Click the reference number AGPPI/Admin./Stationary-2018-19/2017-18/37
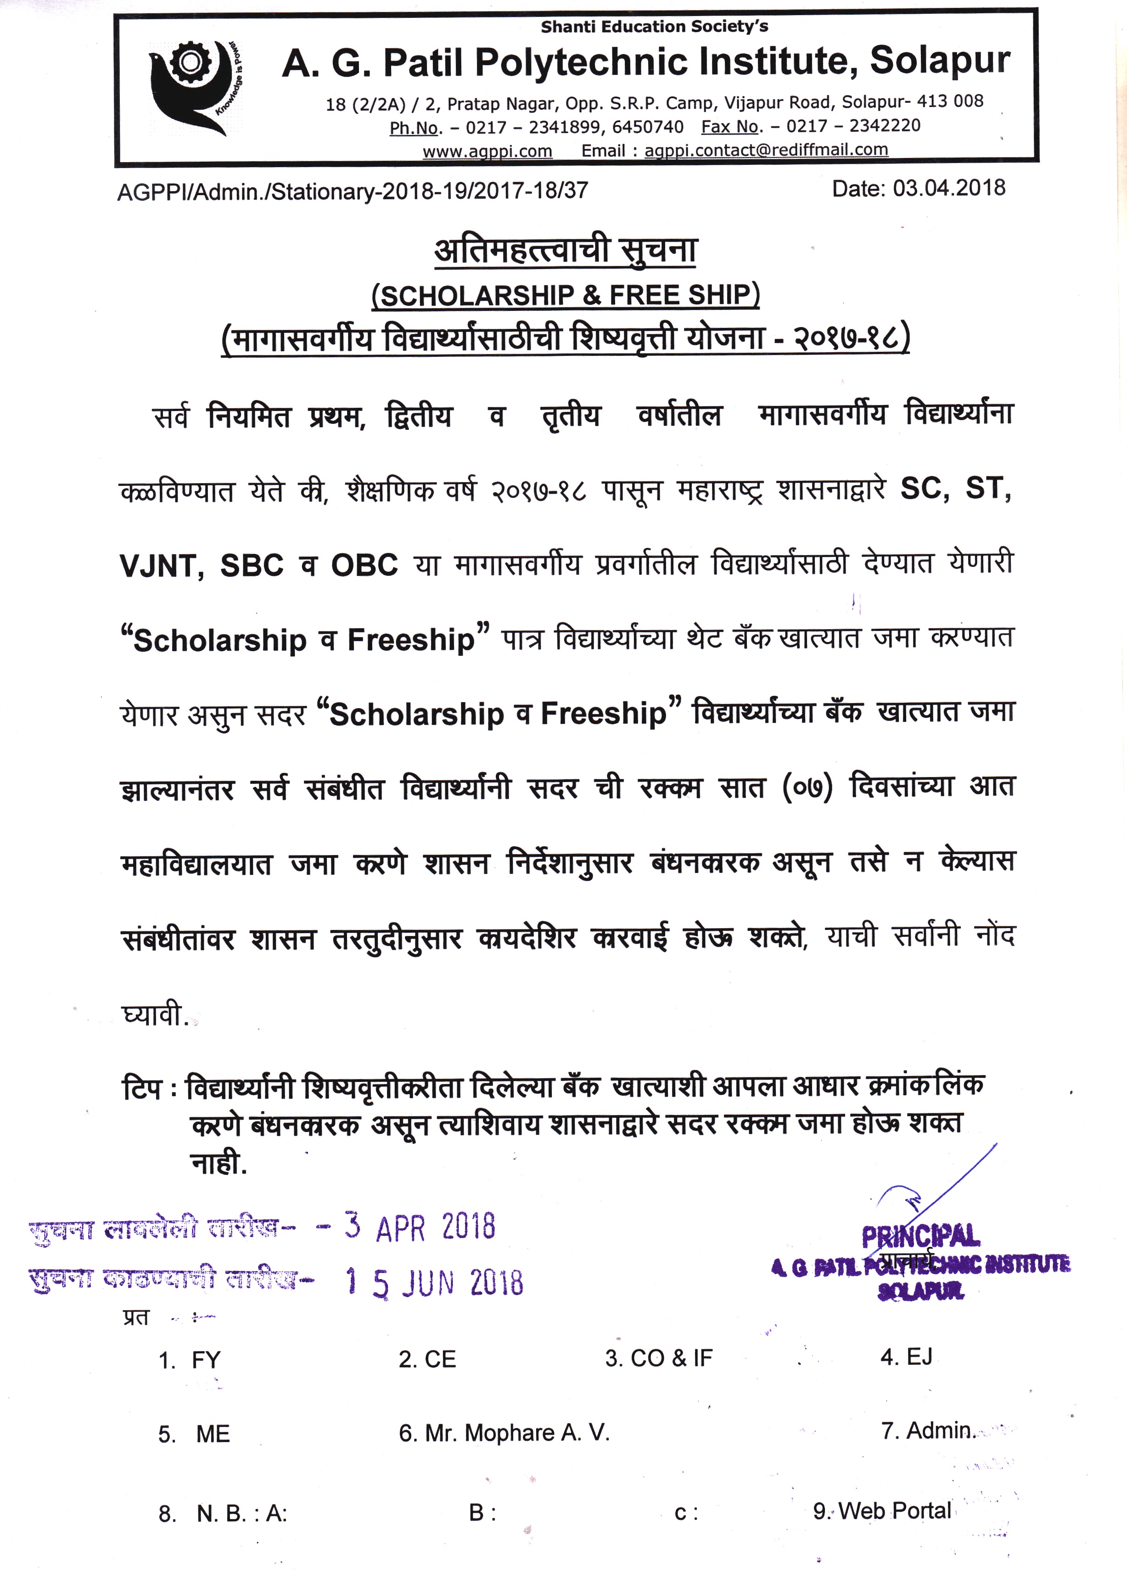pyautogui.click(x=353, y=191)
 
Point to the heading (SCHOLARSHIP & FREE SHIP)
pyautogui.click(x=566, y=295)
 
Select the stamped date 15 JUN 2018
pyautogui.click(x=434, y=1283)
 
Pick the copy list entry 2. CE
pyautogui.click(x=427, y=1359)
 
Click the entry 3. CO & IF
pyautogui.click(x=659, y=1358)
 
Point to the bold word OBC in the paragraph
pyautogui.click(x=364, y=565)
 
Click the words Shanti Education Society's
pyautogui.click(x=655, y=27)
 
